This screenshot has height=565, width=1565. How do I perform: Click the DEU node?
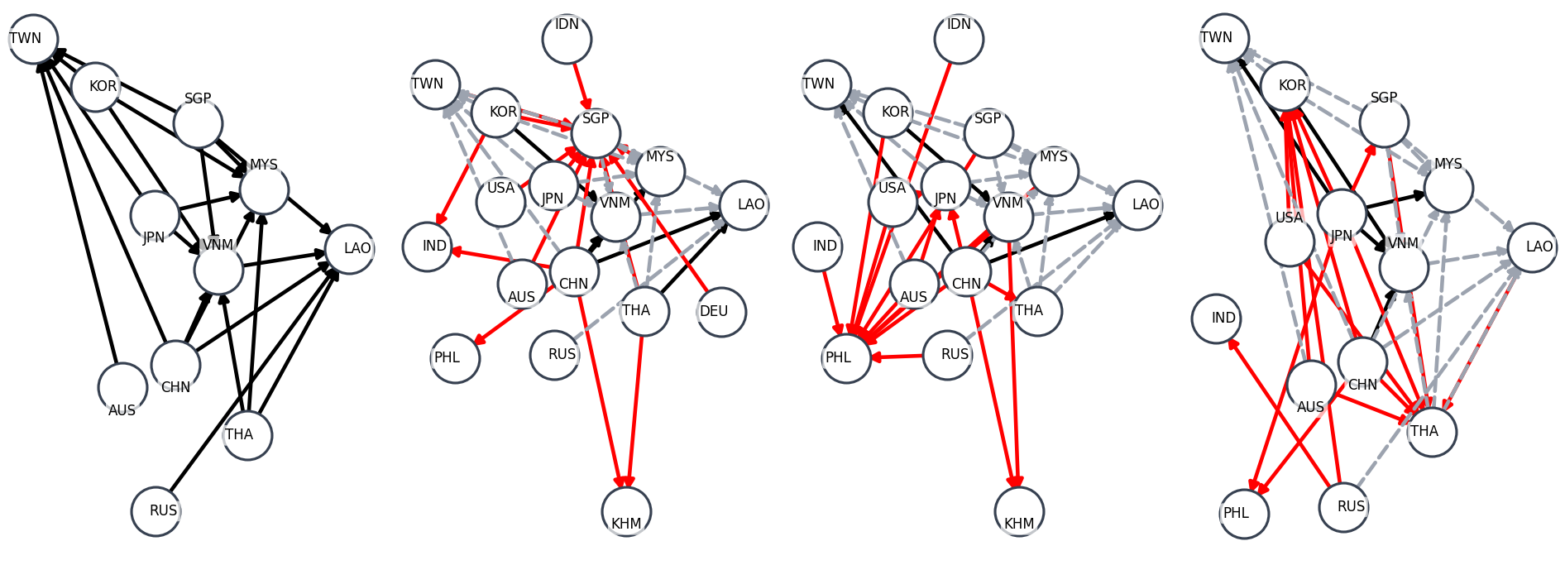[x=721, y=312]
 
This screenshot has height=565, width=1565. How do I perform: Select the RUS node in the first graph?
[x=156, y=511]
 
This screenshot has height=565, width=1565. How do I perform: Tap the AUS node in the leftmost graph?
[x=122, y=387]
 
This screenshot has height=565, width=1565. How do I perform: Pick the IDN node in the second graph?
[x=567, y=39]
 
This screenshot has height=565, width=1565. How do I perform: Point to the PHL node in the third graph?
[x=846, y=358]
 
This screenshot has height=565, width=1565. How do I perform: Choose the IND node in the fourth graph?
[x=1217, y=318]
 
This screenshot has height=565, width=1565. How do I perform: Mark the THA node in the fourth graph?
[x=1432, y=432]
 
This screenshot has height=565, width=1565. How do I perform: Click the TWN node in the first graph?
[x=33, y=39]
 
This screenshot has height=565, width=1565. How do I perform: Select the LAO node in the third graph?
[x=1137, y=205]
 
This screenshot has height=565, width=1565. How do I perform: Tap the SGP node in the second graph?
[x=596, y=132]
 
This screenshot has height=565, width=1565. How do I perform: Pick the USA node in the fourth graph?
[x=1290, y=242]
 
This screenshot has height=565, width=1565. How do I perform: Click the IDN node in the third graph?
[x=959, y=39]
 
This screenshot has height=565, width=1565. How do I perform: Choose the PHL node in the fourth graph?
[x=1244, y=514]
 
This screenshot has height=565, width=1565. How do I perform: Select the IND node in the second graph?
[x=428, y=247]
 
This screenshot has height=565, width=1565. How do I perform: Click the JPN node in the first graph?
[x=155, y=215]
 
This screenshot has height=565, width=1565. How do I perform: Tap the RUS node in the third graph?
[x=948, y=355]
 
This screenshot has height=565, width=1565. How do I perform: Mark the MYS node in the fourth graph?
[x=1448, y=188]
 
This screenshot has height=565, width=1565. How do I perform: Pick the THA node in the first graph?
[x=247, y=435]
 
